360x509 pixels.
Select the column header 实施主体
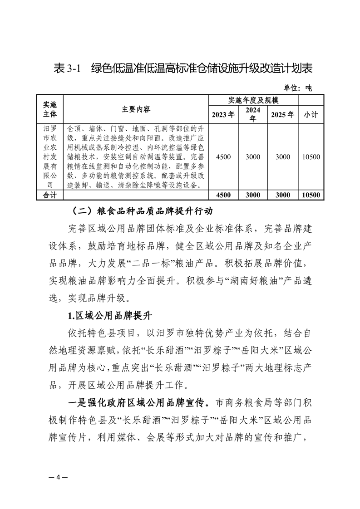tap(49, 109)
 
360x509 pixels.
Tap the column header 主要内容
tap(136, 109)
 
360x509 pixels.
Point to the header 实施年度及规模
tap(252, 100)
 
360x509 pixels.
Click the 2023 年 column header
tap(224, 114)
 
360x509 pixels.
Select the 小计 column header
tap(311, 114)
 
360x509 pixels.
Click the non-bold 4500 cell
tap(224, 157)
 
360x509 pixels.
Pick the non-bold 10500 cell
tap(311, 157)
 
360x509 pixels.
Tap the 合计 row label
tap(49, 195)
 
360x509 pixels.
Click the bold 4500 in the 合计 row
tap(224, 195)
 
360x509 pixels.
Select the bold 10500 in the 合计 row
tap(311, 195)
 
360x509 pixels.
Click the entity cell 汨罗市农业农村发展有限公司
tap(49, 157)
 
